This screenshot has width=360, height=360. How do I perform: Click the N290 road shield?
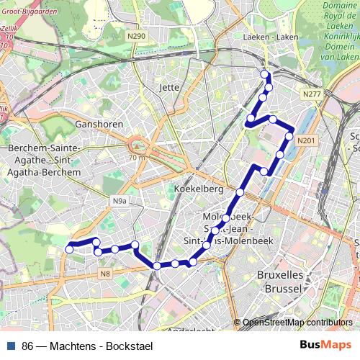tap(137, 36)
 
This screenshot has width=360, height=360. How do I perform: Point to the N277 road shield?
tap(312, 94)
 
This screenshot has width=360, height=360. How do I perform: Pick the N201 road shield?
tap(306, 140)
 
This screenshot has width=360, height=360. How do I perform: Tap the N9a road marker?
tap(120, 201)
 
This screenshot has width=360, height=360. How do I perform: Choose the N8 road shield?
tap(105, 273)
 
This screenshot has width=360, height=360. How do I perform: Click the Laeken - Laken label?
tap(271, 36)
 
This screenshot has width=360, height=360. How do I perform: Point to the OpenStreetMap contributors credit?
tap(297, 323)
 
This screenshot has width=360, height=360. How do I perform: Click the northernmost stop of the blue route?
tap(265, 74)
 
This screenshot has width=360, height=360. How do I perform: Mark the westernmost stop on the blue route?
tap(70, 249)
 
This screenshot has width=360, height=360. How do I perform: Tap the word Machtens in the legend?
tap(73, 346)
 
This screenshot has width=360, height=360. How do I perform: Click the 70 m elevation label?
tap(138, 157)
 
